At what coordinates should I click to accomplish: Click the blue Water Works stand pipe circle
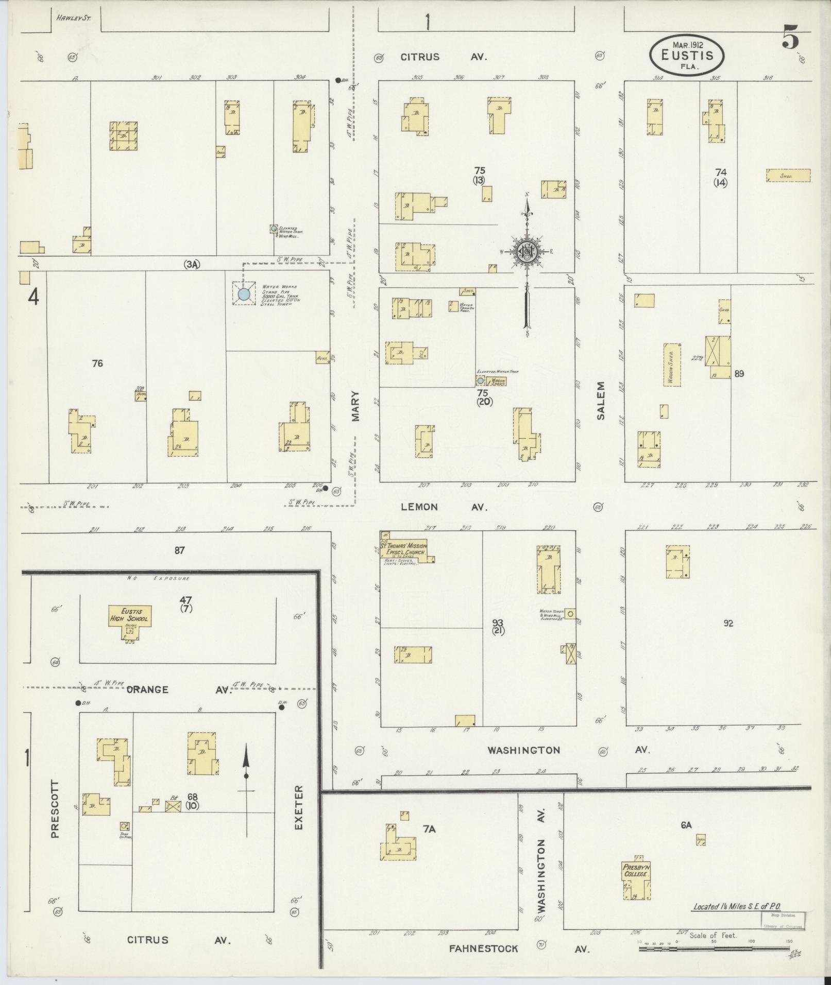pyautogui.click(x=244, y=294)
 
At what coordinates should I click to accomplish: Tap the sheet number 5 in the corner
pyautogui.click(x=790, y=37)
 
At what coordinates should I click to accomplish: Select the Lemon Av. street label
pyautogui.click(x=444, y=507)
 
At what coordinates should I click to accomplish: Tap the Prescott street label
pyautogui.click(x=55, y=816)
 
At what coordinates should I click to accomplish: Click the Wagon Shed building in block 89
pyautogui.click(x=672, y=365)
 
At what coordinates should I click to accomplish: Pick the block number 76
pyautogui.click(x=97, y=364)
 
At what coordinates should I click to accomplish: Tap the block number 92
pyautogui.click(x=728, y=624)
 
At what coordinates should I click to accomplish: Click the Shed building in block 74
pyautogui.click(x=788, y=176)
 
